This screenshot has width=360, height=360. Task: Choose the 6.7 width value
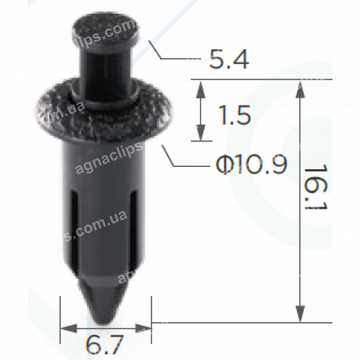click(104, 346)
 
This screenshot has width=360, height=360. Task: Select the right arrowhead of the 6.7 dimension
click(144, 328)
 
